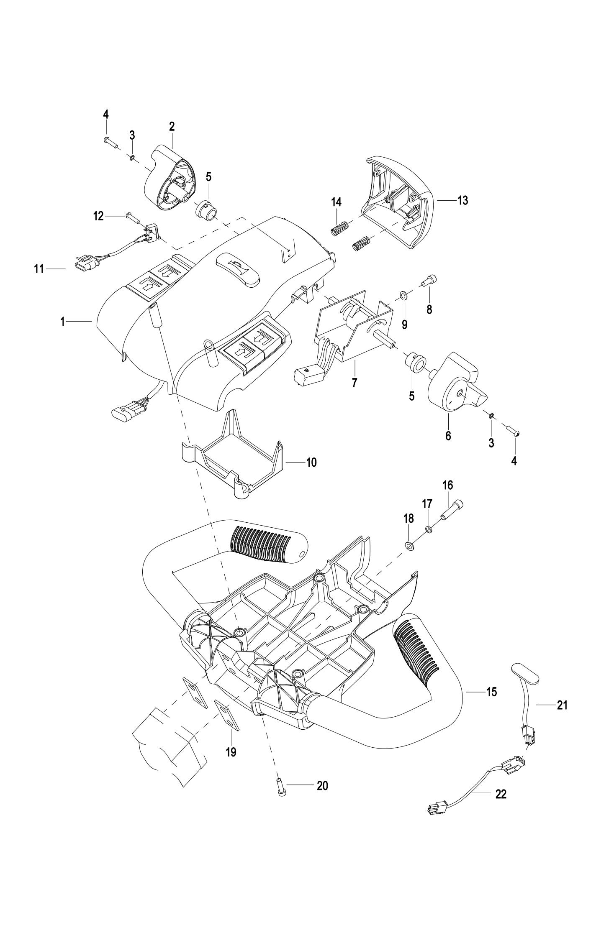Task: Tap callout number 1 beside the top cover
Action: (62, 322)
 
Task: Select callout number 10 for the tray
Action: (311, 462)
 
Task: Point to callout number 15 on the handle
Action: (491, 692)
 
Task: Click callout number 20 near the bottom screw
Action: (322, 786)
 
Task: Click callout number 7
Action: (355, 383)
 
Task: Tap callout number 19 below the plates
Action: (231, 752)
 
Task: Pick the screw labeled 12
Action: (130, 217)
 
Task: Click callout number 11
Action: (39, 269)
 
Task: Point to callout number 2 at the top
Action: (172, 126)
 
